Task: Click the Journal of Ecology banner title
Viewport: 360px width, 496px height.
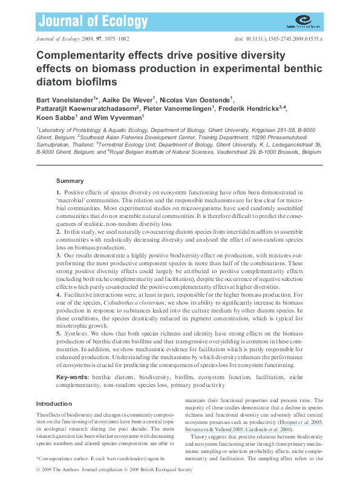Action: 93,22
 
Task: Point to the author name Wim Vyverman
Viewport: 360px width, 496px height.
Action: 113,117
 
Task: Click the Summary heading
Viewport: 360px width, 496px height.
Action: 70,181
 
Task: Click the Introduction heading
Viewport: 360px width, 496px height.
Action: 54,403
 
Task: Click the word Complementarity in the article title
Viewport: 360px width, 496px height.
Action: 80,55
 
